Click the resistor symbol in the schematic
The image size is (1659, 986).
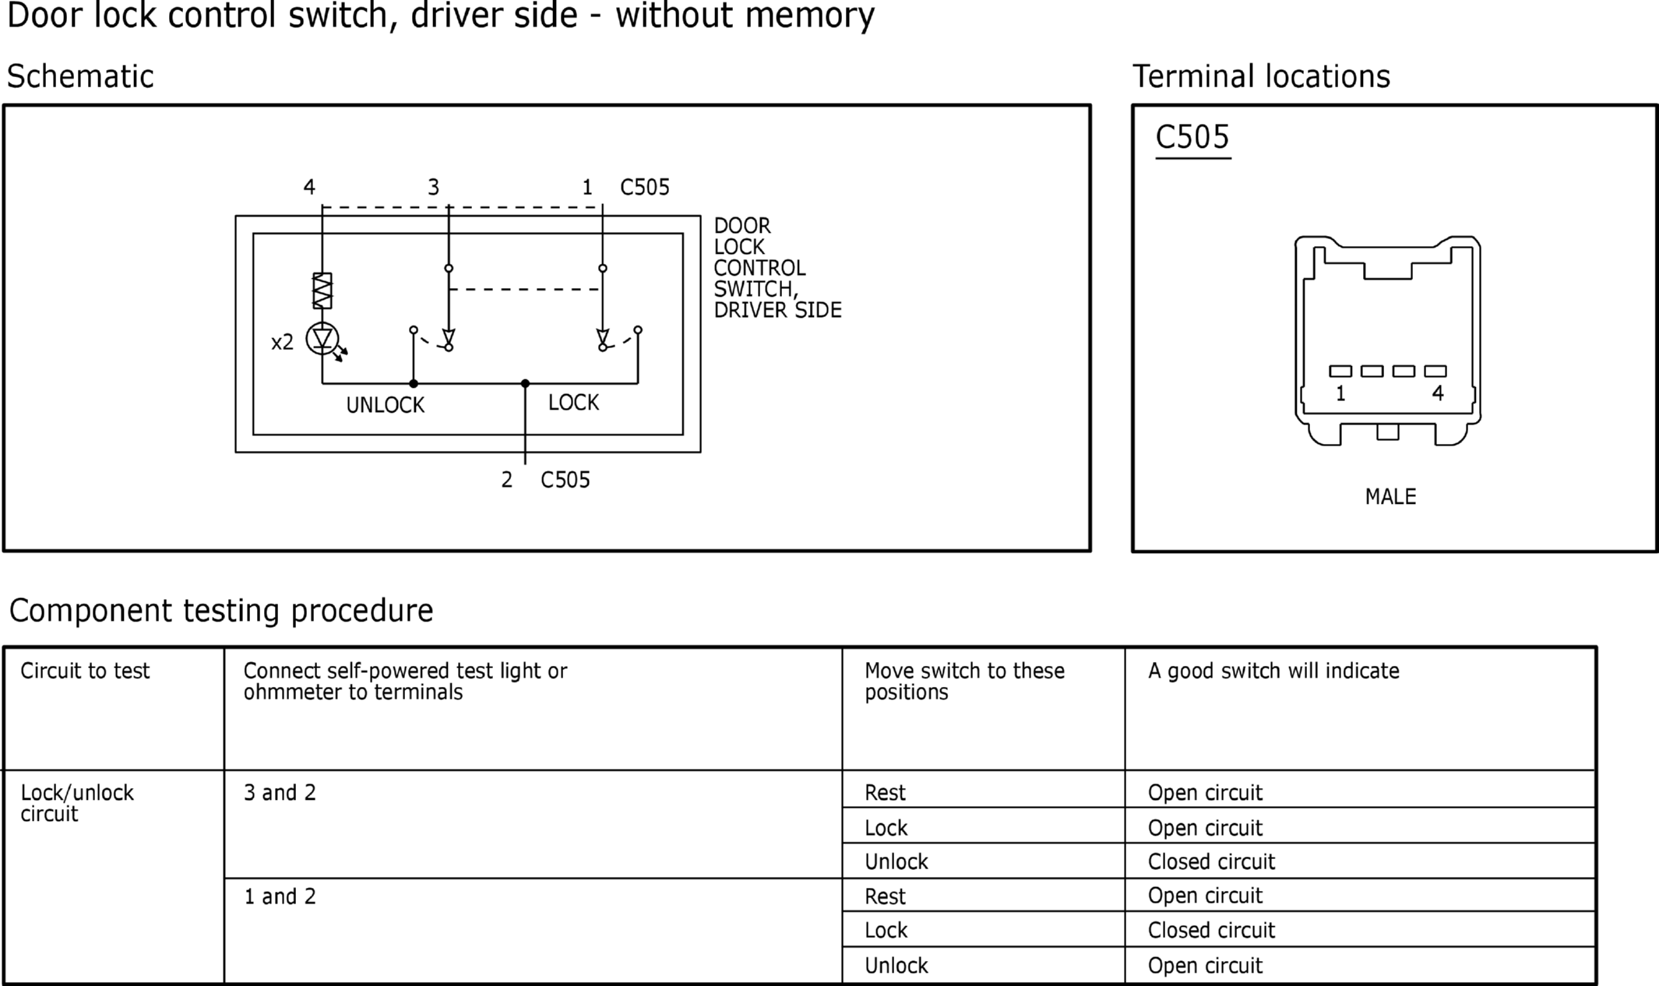[x=322, y=291]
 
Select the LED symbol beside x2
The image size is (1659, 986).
[x=322, y=340]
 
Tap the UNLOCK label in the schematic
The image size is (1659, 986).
[x=386, y=405]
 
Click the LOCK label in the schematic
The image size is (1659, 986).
[x=573, y=403]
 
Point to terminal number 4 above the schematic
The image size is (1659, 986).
[x=309, y=187]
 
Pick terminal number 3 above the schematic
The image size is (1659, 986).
[x=433, y=187]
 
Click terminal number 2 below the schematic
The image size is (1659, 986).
[x=506, y=480]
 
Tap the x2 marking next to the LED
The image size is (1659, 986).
[x=282, y=342]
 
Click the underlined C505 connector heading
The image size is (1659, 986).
[x=1192, y=138]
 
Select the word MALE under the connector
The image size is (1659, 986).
[x=1390, y=497]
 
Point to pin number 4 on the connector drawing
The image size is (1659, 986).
[x=1438, y=393]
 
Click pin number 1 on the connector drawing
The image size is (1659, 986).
[x=1340, y=394]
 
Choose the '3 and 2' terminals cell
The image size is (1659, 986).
[x=280, y=793]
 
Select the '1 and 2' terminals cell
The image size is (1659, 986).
[x=280, y=896]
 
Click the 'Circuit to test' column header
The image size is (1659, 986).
[x=85, y=671]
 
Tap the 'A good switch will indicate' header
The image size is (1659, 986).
[x=1273, y=671]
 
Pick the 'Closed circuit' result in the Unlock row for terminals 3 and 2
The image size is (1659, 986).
[x=1211, y=861]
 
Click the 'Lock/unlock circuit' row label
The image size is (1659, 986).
[x=77, y=803]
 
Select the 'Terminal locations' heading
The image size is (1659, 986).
[x=1261, y=76]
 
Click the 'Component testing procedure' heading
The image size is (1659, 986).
[x=221, y=611]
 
